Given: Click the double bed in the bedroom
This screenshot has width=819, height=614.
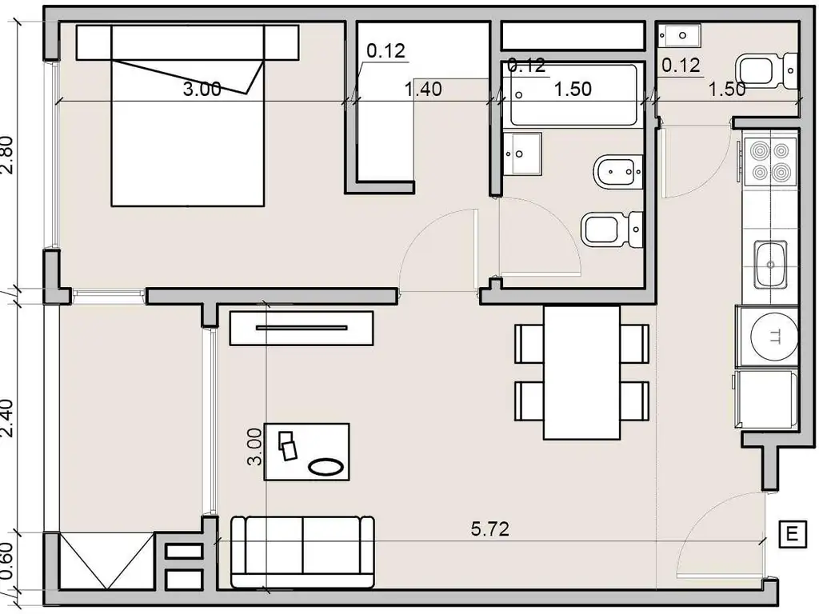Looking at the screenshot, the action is tap(187, 115).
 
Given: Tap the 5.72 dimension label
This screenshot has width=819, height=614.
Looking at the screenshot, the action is tap(489, 529).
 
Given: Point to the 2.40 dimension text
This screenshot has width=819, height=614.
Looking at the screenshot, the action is tap(7, 417).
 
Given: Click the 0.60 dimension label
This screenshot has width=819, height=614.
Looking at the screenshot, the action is tap(7, 561).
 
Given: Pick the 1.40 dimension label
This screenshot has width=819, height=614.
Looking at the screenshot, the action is tap(423, 90).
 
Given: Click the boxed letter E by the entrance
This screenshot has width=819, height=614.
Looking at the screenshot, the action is tap(792, 534).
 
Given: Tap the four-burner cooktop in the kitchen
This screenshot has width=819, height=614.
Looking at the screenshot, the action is tap(770, 161).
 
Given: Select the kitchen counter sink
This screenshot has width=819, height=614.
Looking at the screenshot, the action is tap(770, 265).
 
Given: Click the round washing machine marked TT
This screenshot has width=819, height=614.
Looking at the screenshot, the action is tap(773, 337).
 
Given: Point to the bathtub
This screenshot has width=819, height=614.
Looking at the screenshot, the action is tap(573, 94).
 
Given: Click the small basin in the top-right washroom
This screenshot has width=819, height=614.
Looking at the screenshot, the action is tap(679, 35).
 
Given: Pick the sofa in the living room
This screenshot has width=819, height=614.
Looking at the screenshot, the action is tap(302, 552).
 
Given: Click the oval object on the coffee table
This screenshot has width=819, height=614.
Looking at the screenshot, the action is tap(326, 466).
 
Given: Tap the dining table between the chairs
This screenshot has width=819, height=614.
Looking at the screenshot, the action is tap(582, 373).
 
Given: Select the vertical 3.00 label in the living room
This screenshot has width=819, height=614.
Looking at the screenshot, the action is tap(254, 447).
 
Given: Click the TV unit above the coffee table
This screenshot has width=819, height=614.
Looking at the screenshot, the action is tap(302, 329).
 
